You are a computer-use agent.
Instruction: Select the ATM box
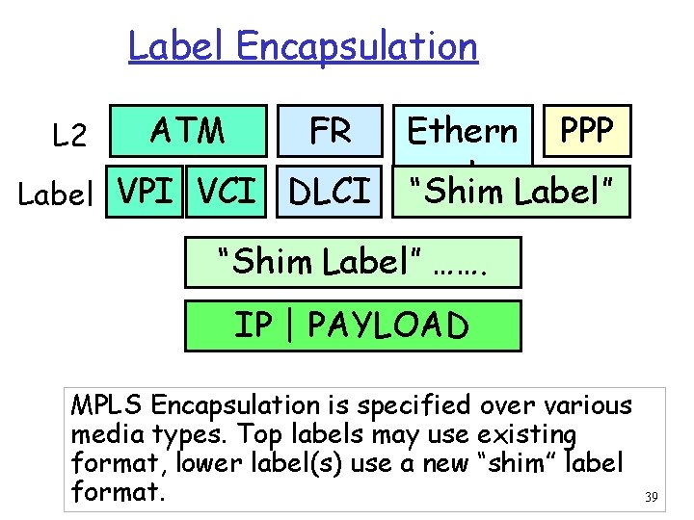click(188, 130)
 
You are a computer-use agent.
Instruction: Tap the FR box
click(330, 130)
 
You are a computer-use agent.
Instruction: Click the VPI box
click(145, 191)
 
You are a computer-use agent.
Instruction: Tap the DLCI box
click(330, 192)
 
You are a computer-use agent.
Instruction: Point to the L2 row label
click(70, 137)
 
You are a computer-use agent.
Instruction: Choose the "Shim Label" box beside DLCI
click(511, 192)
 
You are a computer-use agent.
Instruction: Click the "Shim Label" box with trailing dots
click(352, 263)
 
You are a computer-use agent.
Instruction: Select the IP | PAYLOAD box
click(352, 325)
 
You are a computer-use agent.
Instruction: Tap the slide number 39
click(651, 497)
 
